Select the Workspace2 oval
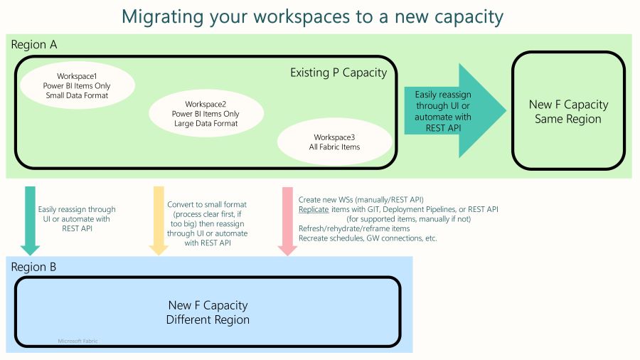coord(206,113)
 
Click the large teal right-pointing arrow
coord(455,110)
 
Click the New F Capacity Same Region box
coord(568,112)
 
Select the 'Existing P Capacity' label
coord(338,73)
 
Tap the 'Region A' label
coord(34,45)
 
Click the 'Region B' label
coord(34,267)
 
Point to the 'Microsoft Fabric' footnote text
coord(78,342)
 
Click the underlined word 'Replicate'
coord(314,209)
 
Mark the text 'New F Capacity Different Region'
coord(208,312)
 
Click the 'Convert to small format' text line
coord(207,204)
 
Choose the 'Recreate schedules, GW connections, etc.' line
coord(368,238)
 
